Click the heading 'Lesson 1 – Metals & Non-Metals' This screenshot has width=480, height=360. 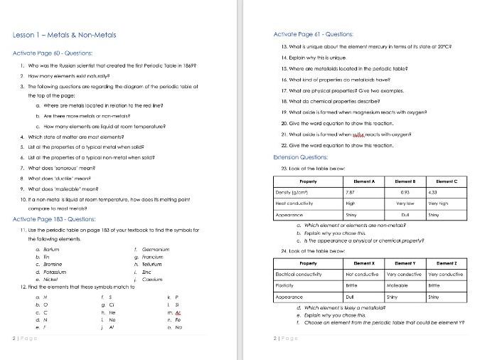pos(64,35)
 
